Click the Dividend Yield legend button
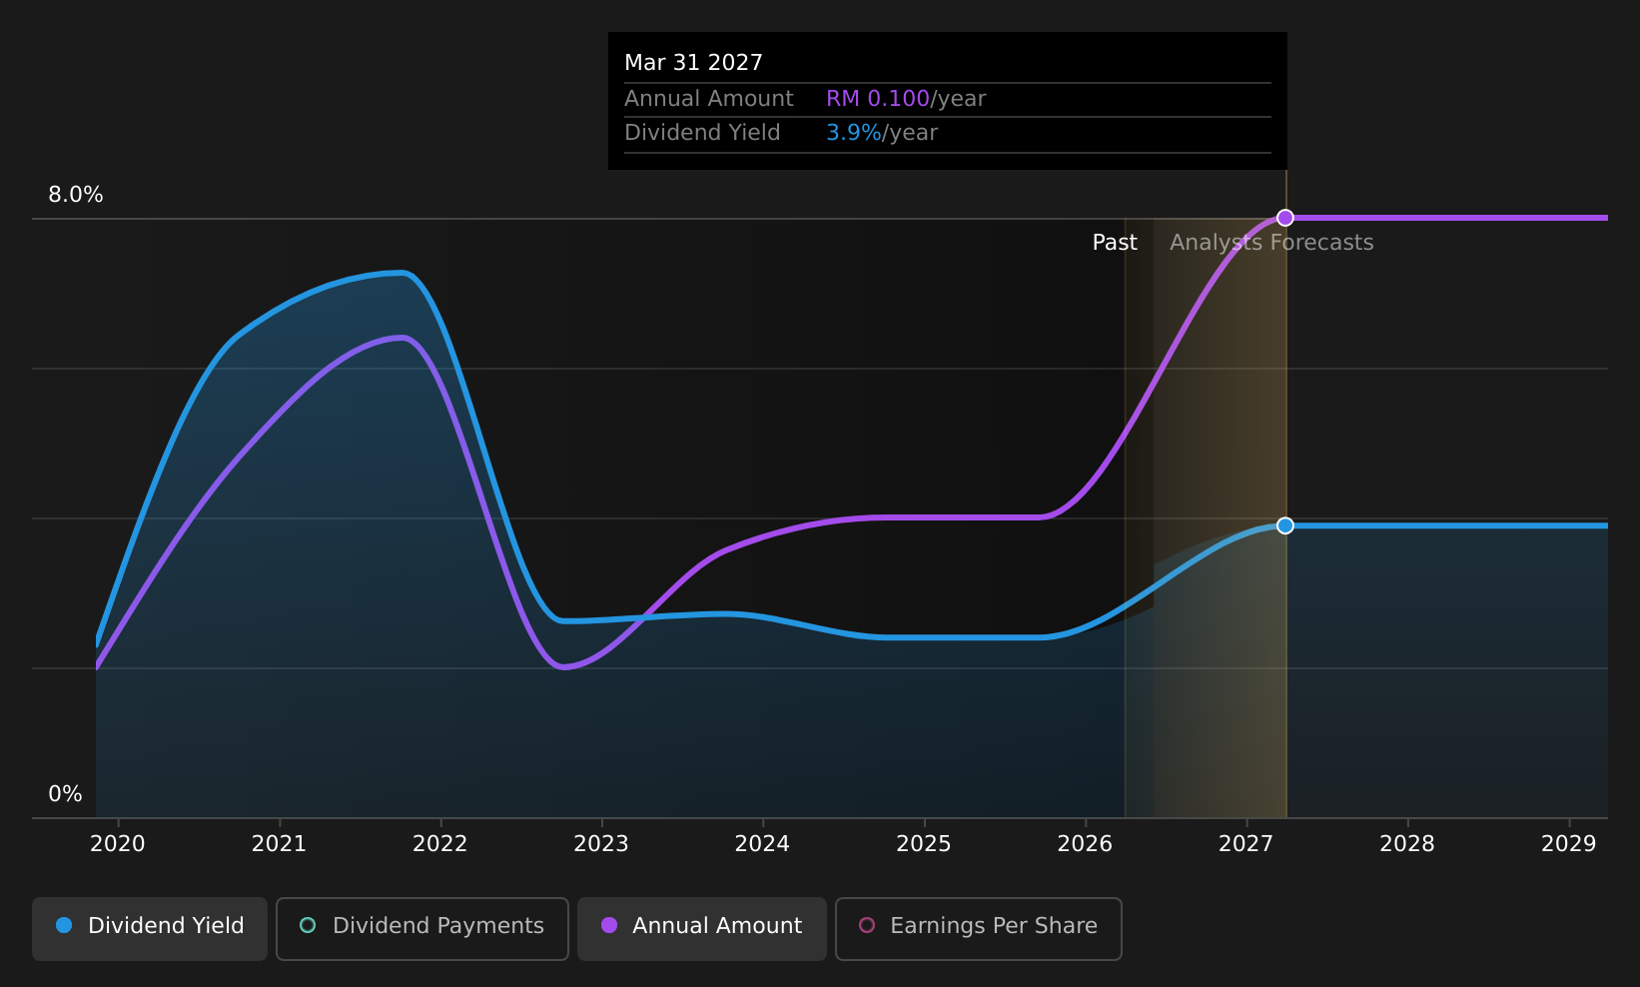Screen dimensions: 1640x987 point(150,928)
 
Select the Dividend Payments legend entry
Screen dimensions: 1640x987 point(421,928)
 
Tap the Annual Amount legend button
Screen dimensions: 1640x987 point(701,928)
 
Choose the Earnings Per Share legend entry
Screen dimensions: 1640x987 point(978,928)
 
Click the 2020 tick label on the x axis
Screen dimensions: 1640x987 point(118,844)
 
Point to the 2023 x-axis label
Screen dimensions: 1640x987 point(601,844)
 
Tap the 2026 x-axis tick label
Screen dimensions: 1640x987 point(1085,844)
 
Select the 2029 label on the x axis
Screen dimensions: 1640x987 point(1568,844)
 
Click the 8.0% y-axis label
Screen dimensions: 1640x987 point(76,195)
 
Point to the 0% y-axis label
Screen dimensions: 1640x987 point(65,794)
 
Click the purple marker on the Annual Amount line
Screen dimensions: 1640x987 point(1284,218)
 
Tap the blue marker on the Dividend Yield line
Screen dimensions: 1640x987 point(1284,525)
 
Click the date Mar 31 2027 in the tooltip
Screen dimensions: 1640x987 point(693,63)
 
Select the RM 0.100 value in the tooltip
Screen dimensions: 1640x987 point(878,99)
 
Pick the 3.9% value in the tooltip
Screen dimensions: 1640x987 point(854,133)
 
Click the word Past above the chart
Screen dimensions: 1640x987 point(1115,243)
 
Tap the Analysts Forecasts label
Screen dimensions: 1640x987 point(1271,243)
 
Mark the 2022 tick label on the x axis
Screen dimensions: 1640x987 point(440,844)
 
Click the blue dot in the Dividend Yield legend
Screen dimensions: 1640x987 point(65,925)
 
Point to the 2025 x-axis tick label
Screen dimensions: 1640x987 point(924,844)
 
